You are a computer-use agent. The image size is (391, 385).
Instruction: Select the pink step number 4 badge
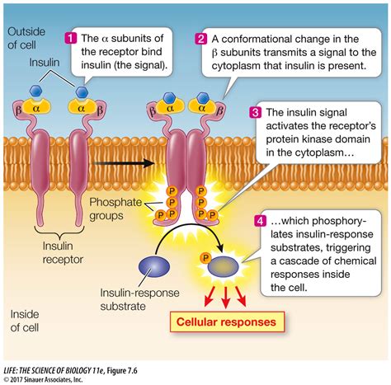coord(260,221)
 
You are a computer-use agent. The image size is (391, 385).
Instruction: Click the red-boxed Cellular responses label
coord(224,321)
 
